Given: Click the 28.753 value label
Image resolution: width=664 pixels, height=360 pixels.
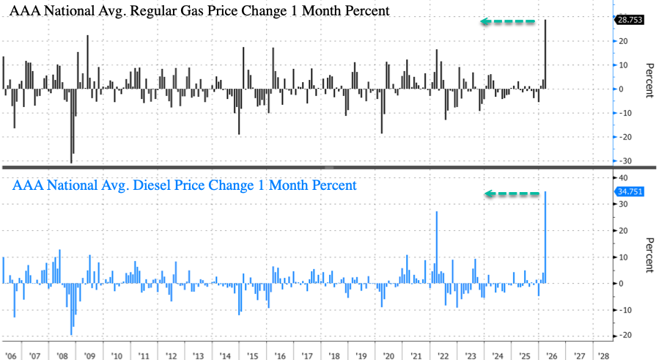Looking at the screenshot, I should [x=629, y=21].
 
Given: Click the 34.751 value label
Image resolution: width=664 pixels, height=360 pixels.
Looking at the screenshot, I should [x=629, y=191].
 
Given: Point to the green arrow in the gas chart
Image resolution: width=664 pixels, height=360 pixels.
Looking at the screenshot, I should [x=508, y=22].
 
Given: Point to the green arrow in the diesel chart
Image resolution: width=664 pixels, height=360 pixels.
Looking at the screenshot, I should [x=512, y=194].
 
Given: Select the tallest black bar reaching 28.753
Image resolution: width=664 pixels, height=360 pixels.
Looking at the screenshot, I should [x=547, y=54].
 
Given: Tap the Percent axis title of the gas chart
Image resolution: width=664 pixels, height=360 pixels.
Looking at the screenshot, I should [x=649, y=81].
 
